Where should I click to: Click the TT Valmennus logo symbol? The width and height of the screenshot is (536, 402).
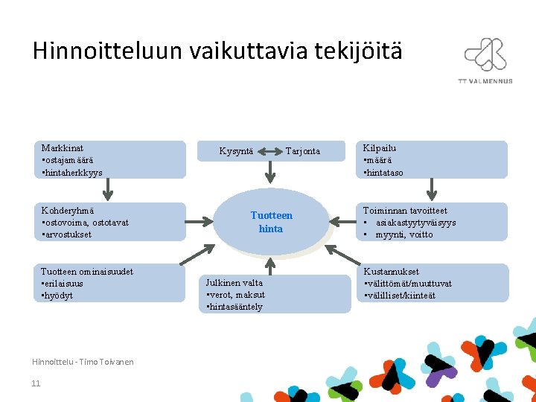click(485, 54)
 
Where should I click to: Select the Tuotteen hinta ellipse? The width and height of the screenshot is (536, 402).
click(271, 222)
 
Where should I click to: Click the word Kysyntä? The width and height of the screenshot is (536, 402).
click(236, 151)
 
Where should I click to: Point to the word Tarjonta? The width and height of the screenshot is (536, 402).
click(302, 151)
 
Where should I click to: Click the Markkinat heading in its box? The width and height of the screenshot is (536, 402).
click(62, 148)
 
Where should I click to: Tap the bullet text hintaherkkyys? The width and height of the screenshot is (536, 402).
click(74, 172)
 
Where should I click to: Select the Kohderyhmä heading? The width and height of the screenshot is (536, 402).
click(67, 211)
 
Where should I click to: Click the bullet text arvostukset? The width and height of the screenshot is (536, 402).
click(68, 234)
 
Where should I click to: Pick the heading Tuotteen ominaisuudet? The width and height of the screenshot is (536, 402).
click(87, 272)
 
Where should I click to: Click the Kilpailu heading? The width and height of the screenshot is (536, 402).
click(380, 148)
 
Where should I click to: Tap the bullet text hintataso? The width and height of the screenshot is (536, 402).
click(384, 172)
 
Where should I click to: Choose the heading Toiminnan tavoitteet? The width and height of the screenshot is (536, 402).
click(405, 211)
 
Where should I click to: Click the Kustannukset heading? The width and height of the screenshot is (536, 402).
click(391, 272)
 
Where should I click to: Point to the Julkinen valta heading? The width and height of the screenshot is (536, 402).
click(234, 283)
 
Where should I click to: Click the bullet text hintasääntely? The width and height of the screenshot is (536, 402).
click(236, 307)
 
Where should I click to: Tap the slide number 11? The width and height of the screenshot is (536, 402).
click(36, 383)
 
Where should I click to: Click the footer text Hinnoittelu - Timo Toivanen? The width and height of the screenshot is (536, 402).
click(83, 362)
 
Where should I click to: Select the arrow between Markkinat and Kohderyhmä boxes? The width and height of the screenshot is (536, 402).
click(107, 190)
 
